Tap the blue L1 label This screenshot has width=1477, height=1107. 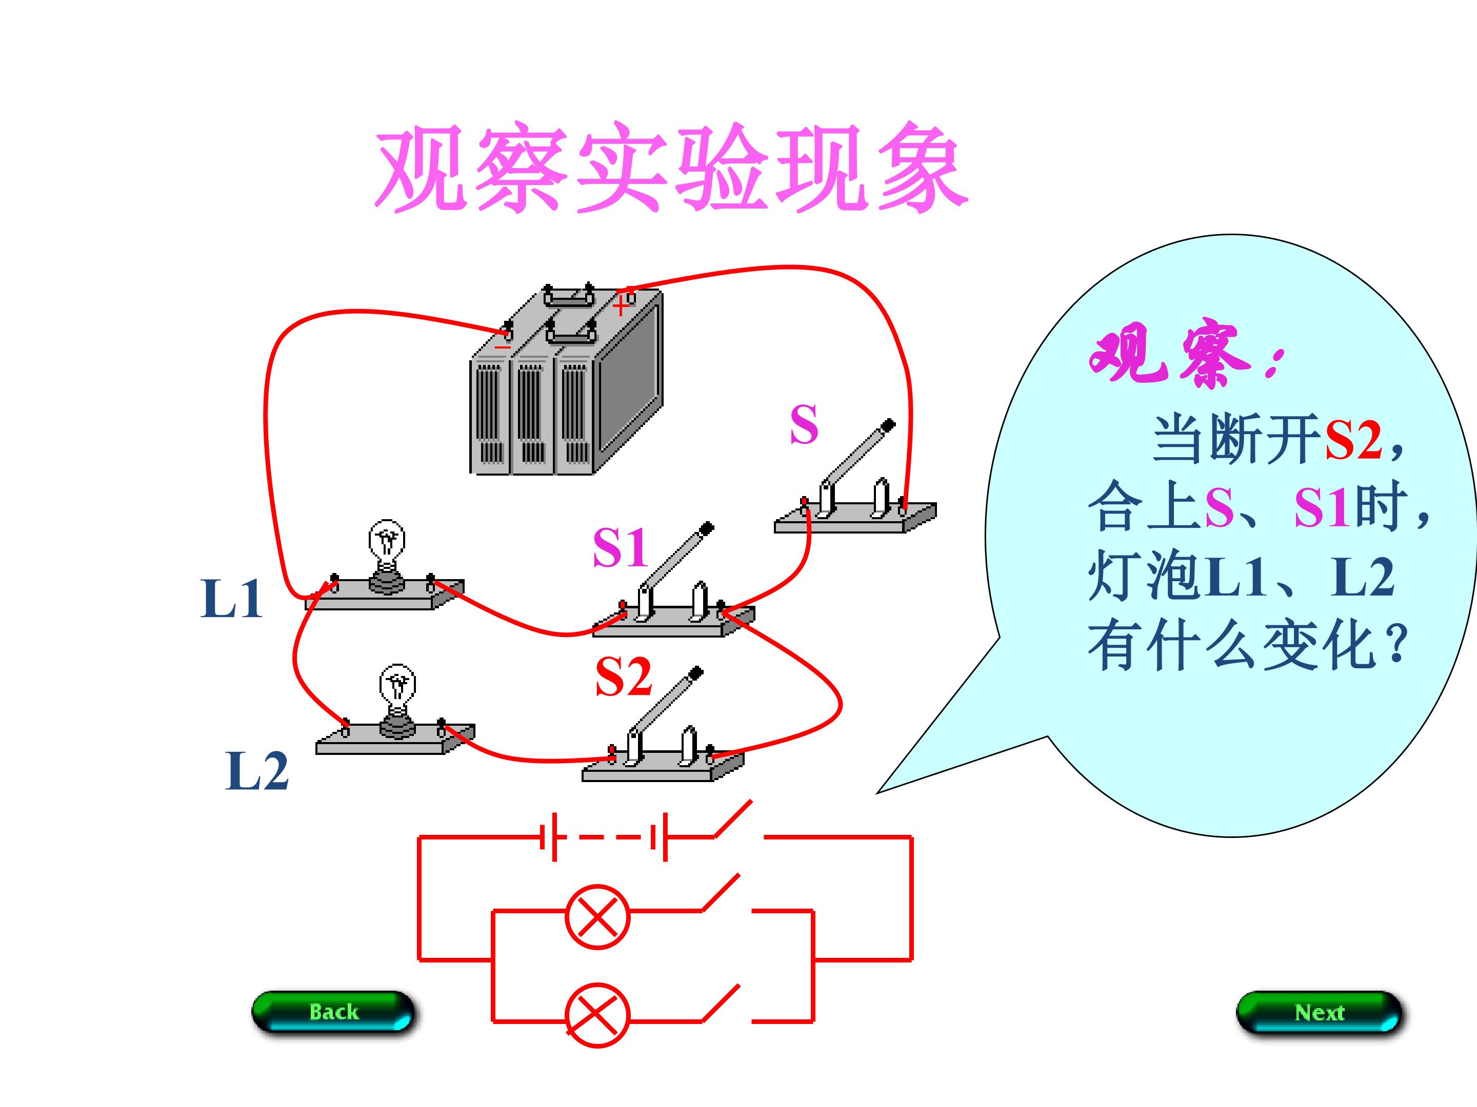click(231, 599)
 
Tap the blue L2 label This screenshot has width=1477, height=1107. click(256, 771)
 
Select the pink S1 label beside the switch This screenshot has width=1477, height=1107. click(620, 547)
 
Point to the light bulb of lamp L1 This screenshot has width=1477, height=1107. click(387, 544)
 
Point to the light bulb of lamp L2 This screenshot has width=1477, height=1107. click(397, 687)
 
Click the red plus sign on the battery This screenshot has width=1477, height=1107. click(621, 306)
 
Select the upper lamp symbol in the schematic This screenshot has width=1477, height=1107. click(597, 917)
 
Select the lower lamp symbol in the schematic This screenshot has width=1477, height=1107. click(597, 1014)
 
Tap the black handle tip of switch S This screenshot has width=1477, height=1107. click(888, 425)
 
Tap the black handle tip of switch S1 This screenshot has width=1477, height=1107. click(707, 529)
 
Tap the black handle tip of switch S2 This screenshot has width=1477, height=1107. click(696, 672)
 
